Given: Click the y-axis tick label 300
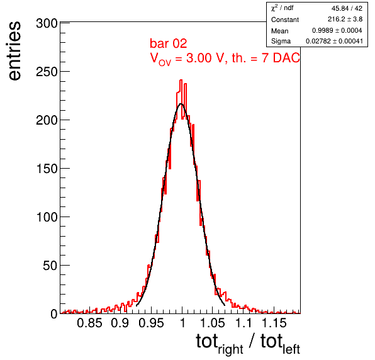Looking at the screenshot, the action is pyautogui.click(x=47, y=24).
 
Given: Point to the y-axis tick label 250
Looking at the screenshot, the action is pyautogui.click(x=47, y=72).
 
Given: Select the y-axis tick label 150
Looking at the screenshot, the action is pyautogui.click(x=47, y=169).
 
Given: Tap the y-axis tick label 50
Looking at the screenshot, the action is pyautogui.click(x=50, y=266).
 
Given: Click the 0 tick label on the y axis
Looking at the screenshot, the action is pyautogui.click(x=54, y=314).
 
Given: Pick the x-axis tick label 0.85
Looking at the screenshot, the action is pyautogui.click(x=89, y=323).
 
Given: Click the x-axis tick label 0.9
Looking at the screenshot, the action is pyautogui.click(x=120, y=323).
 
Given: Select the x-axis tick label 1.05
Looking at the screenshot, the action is pyautogui.click(x=213, y=323).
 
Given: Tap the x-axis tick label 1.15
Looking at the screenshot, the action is pyautogui.click(x=274, y=323).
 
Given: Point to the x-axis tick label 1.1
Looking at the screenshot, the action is pyautogui.click(x=243, y=323).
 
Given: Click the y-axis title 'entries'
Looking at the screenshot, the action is pyautogui.click(x=14, y=51).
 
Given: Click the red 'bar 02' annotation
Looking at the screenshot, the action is pyautogui.click(x=168, y=43).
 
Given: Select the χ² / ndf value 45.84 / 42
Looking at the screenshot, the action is pyautogui.click(x=347, y=8).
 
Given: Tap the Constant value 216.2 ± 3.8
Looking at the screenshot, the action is pyautogui.click(x=345, y=19).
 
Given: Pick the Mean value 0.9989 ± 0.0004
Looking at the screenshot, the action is pyautogui.click(x=337, y=30).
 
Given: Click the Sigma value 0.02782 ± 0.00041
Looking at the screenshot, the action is pyautogui.click(x=334, y=41).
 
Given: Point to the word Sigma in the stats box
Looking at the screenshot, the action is pyautogui.click(x=281, y=42).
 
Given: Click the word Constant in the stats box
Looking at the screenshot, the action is pyautogui.click(x=285, y=20).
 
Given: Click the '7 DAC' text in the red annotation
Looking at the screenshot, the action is pyautogui.click(x=281, y=58).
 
